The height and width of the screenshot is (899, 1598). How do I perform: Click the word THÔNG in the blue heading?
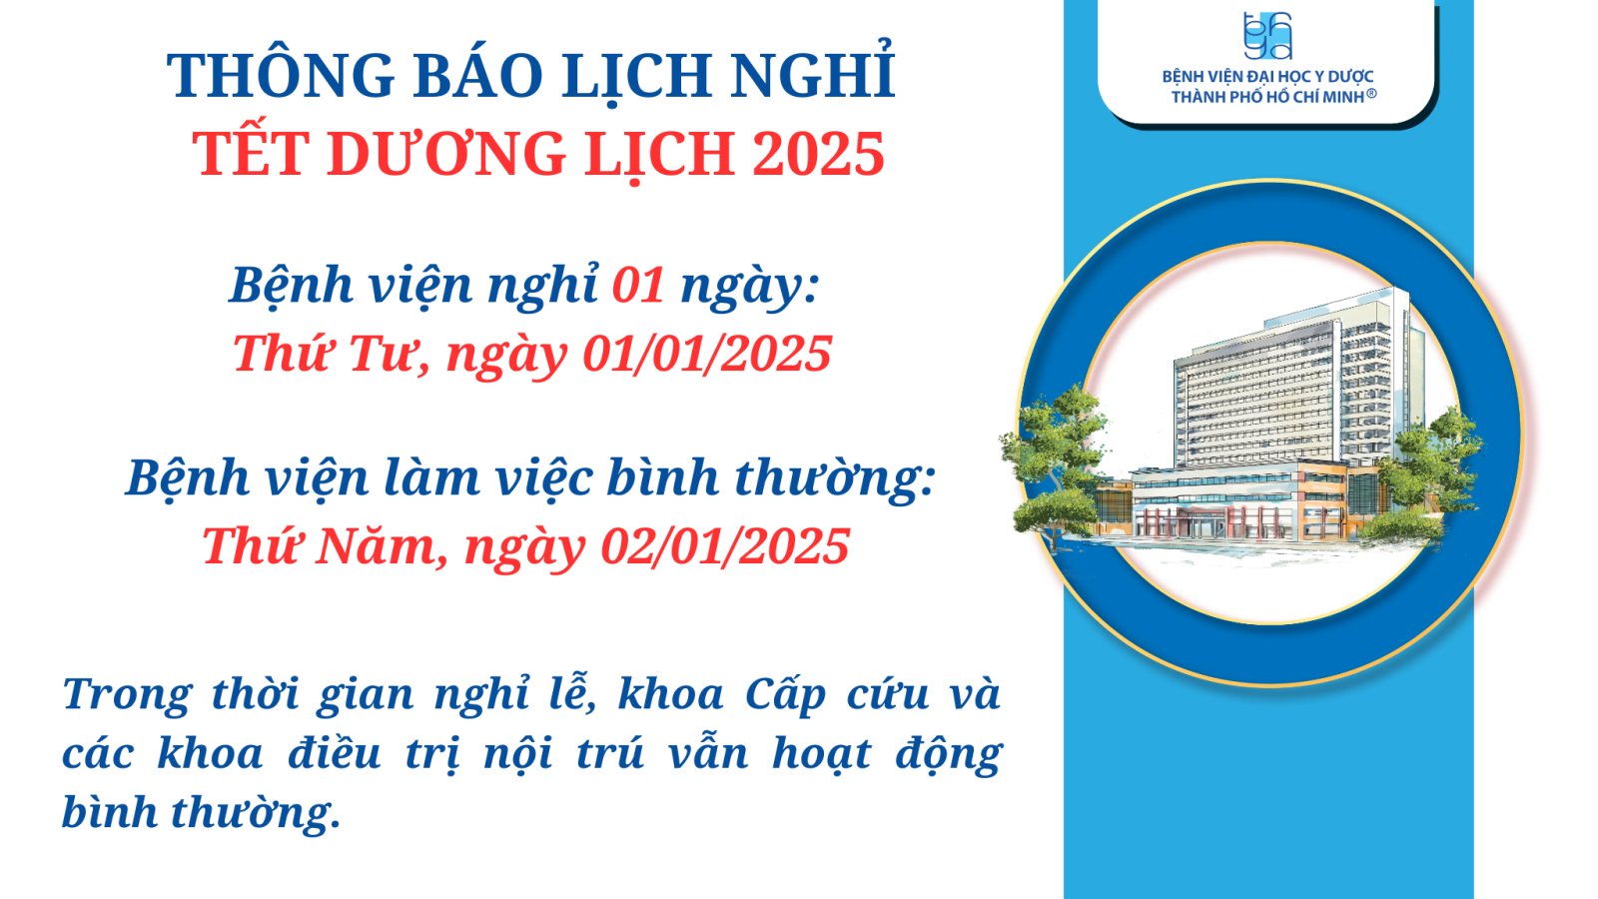[281, 74]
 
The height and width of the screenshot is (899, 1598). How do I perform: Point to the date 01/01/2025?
[707, 354]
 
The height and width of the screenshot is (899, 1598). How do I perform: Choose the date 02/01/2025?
[725, 545]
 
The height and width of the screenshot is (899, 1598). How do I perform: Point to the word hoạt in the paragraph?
[821, 753]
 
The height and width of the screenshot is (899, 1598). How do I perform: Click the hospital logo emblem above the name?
[1267, 36]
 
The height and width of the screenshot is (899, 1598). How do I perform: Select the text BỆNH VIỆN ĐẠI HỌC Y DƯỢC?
[1267, 76]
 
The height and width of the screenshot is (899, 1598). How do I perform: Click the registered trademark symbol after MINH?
[1371, 94]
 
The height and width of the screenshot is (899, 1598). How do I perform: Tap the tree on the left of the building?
[1056, 463]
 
